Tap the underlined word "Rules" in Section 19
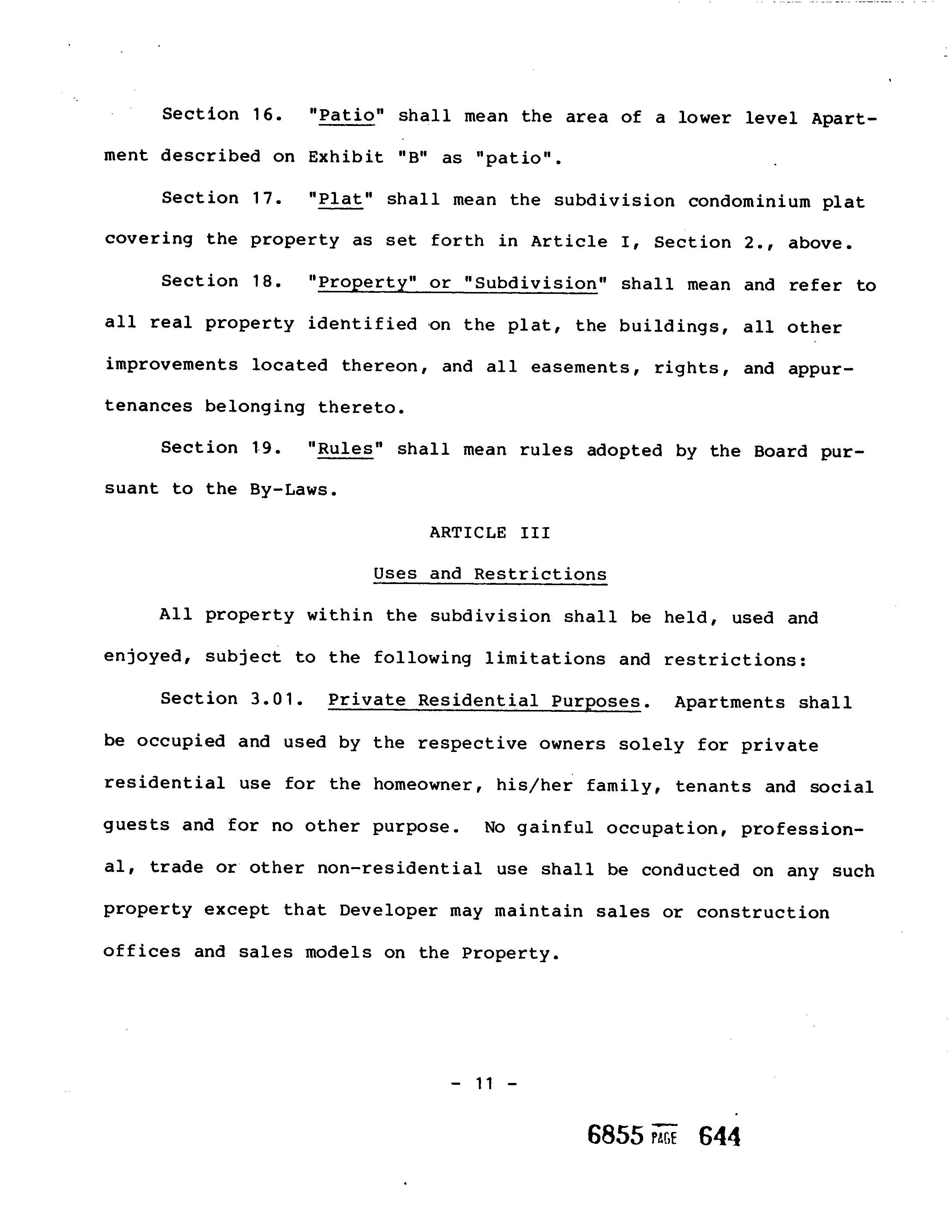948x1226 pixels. [345, 449]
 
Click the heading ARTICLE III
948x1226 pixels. [490, 532]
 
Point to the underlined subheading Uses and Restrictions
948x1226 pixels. [490, 574]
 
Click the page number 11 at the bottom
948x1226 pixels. [484, 1083]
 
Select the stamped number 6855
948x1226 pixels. [615, 1136]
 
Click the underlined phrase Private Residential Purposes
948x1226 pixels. [484, 701]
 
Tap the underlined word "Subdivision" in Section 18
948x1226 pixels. [536, 283]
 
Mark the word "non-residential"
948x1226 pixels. [399, 869]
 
